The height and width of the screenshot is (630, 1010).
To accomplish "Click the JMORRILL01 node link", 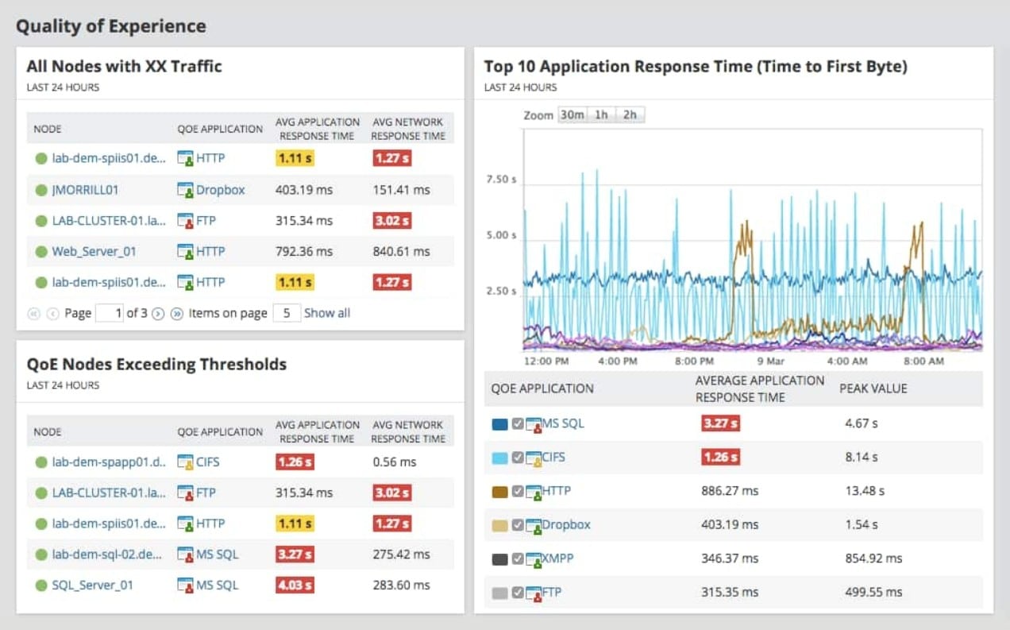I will pos(85,190).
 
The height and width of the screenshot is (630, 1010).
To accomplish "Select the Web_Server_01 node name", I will pos(94,252).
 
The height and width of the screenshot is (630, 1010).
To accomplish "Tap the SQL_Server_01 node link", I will pos(92,586).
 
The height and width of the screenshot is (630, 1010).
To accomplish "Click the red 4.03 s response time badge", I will pos(295,586).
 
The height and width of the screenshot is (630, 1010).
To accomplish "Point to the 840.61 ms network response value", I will pos(401,252).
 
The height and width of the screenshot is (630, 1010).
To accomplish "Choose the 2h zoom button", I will pos(630,114).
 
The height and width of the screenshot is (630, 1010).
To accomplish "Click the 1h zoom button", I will pos(601,114).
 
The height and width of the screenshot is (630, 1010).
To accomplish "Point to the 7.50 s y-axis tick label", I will pos(501,180).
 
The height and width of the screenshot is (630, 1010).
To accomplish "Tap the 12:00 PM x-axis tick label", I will pos(545,361).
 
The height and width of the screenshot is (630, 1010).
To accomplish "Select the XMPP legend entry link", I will pos(557,558).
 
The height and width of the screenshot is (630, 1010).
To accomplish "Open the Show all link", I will pos(326,313).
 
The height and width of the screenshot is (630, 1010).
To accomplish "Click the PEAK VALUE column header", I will pos(873,388).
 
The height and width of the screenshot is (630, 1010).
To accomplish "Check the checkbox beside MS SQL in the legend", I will pos(518,424).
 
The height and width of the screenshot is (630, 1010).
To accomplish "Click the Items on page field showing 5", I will pos(285,313).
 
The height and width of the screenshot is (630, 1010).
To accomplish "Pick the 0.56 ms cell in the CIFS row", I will pos(394,462).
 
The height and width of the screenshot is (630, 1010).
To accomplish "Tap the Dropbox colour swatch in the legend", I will pos(499,525).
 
